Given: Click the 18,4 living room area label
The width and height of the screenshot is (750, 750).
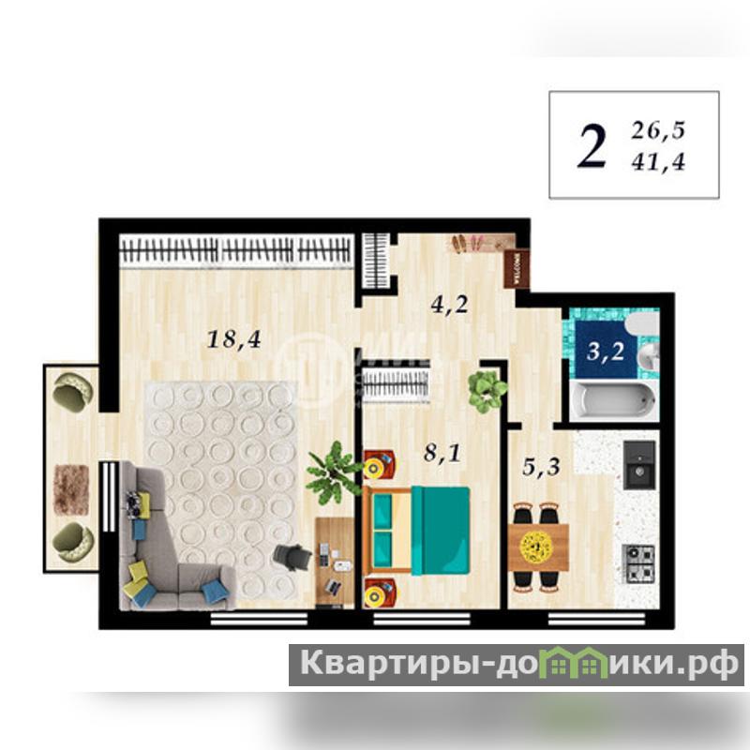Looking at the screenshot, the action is coord(233,340).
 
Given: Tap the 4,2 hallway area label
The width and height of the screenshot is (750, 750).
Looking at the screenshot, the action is coord(449,304).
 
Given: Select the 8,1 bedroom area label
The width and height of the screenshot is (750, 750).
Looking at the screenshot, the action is coord(442,452).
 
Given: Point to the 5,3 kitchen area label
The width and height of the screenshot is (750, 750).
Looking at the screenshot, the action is coord(541,466).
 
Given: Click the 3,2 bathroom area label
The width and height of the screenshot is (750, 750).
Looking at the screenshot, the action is coord(606,352).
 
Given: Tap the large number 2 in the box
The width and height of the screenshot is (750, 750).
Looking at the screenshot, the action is coord(592,146).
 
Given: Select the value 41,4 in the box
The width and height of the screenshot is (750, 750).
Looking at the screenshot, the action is coord(658,163).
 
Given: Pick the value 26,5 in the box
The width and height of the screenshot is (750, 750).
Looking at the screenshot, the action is coord(658,130).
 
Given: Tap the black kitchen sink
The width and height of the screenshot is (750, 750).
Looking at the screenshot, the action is coord(639,465).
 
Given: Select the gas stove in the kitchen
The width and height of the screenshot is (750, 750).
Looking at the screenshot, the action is coord(638,563).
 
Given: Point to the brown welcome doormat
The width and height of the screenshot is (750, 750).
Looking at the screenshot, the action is coord(517,269).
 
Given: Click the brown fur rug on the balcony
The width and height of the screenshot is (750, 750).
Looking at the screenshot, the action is coord(71,489).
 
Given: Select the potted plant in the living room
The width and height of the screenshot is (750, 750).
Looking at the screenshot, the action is coord(334,472).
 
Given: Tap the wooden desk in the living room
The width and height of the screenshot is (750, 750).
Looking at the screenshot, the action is coord(335,562).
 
